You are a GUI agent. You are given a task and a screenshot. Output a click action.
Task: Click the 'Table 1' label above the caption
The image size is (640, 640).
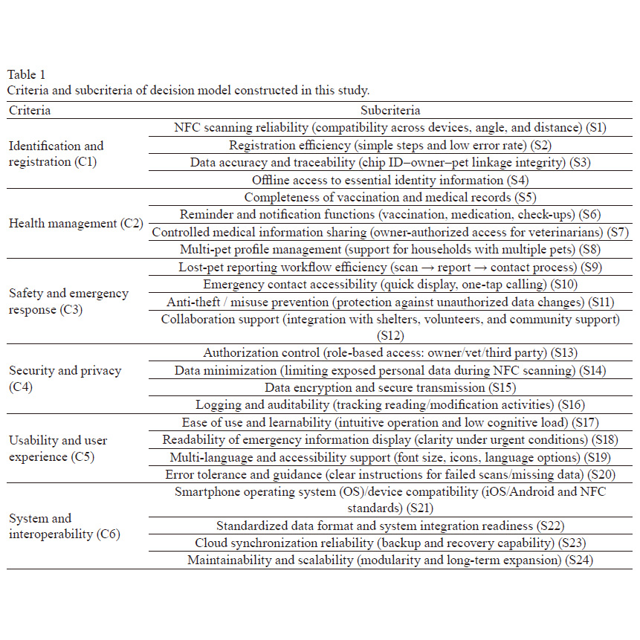click(27, 74)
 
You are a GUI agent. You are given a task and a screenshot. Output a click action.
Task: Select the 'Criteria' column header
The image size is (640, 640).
click(30, 110)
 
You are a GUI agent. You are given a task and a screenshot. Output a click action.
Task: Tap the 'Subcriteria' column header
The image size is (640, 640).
click(390, 110)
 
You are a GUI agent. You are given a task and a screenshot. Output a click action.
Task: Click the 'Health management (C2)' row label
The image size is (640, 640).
click(75, 223)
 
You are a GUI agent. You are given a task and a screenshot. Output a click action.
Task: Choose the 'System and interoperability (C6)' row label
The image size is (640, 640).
click(64, 526)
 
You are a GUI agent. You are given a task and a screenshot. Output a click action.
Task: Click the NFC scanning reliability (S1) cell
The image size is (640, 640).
click(390, 127)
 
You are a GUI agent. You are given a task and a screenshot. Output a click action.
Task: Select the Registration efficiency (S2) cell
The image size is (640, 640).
click(390, 145)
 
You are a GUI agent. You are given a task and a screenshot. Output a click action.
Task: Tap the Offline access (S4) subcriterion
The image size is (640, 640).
click(390, 180)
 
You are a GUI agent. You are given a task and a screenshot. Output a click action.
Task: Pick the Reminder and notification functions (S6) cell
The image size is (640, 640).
click(390, 215)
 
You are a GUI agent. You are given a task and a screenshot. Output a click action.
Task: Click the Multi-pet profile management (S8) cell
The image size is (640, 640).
click(390, 250)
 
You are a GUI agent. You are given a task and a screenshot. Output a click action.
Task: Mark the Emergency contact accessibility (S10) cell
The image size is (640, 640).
click(390, 284)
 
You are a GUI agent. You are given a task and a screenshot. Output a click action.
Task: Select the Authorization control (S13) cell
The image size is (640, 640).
click(390, 353)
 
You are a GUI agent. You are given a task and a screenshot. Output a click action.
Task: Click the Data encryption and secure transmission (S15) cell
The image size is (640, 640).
click(390, 387)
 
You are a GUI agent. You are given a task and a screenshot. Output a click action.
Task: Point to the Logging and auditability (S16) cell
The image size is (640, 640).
click(390, 405)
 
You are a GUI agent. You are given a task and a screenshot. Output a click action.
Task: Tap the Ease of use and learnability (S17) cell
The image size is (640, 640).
click(390, 422)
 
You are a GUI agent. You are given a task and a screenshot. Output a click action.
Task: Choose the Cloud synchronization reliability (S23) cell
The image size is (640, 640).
click(390, 543)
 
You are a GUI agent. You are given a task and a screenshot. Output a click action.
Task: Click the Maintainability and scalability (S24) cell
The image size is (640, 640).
click(390, 560)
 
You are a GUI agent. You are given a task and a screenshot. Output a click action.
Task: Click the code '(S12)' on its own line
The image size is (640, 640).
click(390, 335)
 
